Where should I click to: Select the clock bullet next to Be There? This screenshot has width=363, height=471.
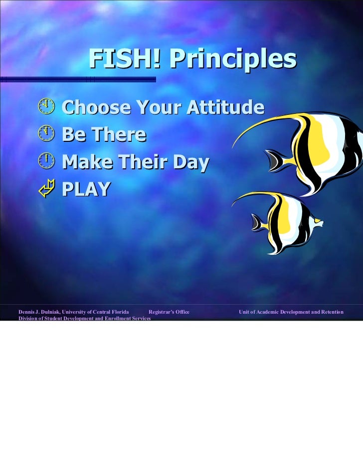[x=45, y=134]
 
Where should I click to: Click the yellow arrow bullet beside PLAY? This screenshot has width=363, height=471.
[x=45, y=189]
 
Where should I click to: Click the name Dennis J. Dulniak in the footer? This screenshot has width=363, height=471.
[x=39, y=312]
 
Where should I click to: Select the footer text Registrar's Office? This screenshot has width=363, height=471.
[x=169, y=312]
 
